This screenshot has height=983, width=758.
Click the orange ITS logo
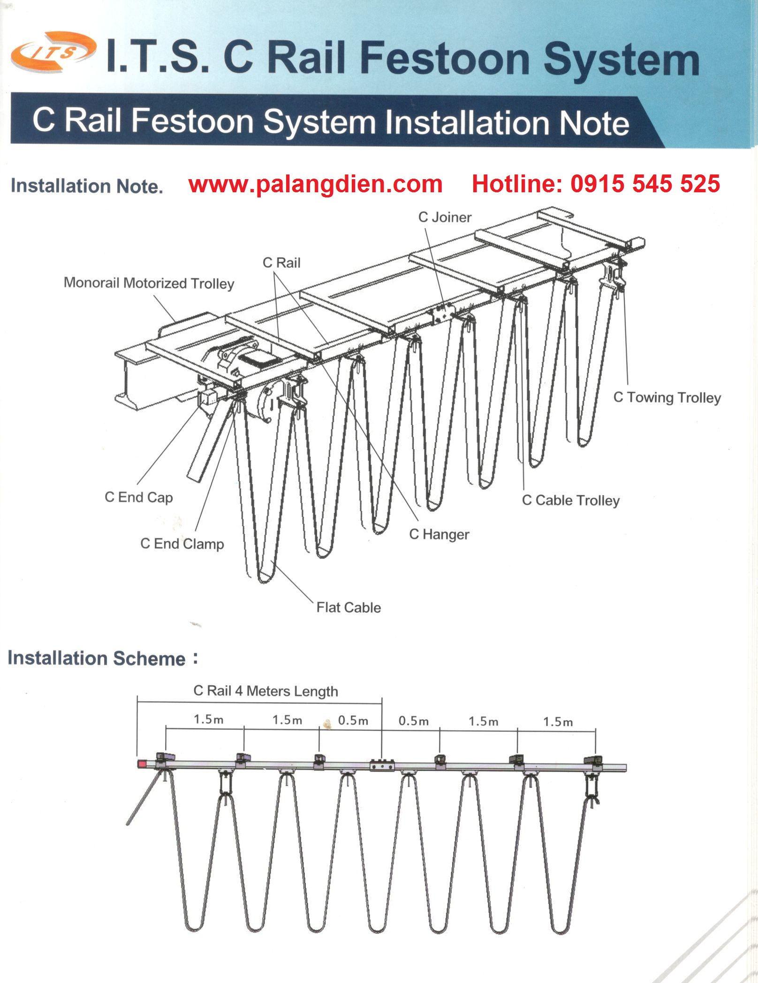coord(53,52)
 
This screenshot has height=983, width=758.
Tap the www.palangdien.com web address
coord(315,184)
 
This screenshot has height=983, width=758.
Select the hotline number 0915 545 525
coord(645,184)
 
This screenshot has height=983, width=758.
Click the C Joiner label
coord(445,217)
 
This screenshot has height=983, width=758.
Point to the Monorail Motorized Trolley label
coord(149,283)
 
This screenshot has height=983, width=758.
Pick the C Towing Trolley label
coord(667,398)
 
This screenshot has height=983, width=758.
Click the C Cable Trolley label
coord(570,500)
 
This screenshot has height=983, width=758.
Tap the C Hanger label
coord(439,534)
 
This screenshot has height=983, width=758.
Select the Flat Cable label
coord(349,607)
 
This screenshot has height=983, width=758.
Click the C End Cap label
coord(138,497)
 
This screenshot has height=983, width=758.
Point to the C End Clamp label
coord(182,544)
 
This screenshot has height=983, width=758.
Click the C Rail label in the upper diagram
coord(281,263)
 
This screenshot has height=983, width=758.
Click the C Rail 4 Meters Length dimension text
coord(265,691)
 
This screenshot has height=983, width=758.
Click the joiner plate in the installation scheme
coord(382,765)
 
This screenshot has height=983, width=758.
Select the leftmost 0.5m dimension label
coord(353,720)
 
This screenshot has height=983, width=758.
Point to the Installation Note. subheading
coord(87,186)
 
